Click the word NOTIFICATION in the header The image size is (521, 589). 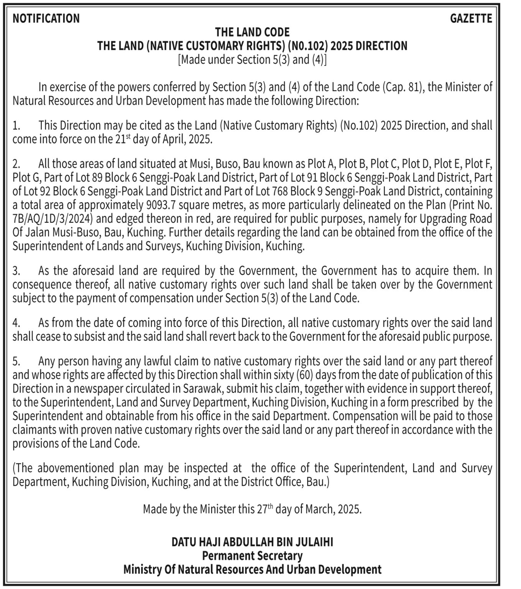click(46, 18)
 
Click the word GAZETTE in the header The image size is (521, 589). click(471, 18)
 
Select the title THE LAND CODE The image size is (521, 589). click(252, 32)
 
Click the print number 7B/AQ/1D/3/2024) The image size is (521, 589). click(53, 219)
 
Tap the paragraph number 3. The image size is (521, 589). click(15, 271)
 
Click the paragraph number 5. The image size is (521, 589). click(15, 362)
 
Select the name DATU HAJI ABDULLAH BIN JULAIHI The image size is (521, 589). click(252, 542)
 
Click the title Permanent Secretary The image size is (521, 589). click(252, 555)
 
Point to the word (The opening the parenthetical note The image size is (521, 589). click(25, 468)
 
